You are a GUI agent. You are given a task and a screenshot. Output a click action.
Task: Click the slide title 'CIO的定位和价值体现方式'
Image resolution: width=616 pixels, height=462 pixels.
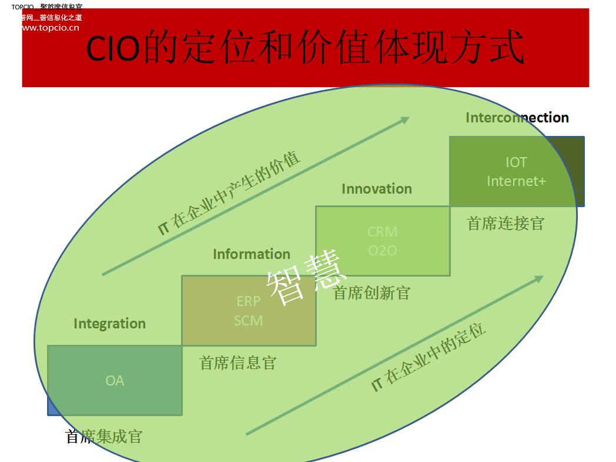(305, 49)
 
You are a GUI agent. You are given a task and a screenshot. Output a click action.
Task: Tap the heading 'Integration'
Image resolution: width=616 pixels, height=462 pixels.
(109, 324)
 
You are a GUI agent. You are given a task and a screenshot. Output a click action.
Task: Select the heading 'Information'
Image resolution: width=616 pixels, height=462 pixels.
(251, 254)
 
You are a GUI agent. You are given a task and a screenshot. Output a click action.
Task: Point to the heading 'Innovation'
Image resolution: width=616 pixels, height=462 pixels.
(376, 189)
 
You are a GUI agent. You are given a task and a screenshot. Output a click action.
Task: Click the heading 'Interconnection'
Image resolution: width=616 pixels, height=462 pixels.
(517, 118)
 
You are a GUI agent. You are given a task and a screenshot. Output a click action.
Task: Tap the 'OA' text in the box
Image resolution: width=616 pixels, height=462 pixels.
(115, 381)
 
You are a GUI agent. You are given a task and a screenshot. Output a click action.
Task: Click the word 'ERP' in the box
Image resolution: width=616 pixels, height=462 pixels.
(248, 301)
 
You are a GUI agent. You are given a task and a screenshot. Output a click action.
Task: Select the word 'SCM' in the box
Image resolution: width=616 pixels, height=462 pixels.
(248, 321)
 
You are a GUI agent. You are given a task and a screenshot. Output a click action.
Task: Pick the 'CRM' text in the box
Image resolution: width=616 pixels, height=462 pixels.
(382, 231)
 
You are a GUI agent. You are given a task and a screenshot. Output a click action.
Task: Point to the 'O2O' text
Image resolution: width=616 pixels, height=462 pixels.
(382, 251)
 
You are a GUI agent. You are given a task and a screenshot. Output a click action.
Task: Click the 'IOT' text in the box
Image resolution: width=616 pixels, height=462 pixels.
(516, 162)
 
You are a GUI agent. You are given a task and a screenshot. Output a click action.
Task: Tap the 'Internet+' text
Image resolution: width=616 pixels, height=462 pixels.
(516, 181)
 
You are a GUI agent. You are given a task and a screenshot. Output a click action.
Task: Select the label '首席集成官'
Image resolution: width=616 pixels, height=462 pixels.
(104, 437)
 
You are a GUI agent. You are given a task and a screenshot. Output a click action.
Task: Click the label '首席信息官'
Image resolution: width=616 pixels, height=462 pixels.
(237, 363)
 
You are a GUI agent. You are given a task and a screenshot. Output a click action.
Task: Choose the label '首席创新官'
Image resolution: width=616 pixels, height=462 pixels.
(371, 293)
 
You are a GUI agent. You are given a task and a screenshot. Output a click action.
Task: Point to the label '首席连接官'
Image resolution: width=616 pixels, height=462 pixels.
(505, 223)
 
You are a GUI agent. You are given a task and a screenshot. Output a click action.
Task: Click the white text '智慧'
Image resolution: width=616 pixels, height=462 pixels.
(306, 281)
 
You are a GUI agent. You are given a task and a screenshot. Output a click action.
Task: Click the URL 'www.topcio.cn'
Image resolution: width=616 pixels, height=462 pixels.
(51, 27)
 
